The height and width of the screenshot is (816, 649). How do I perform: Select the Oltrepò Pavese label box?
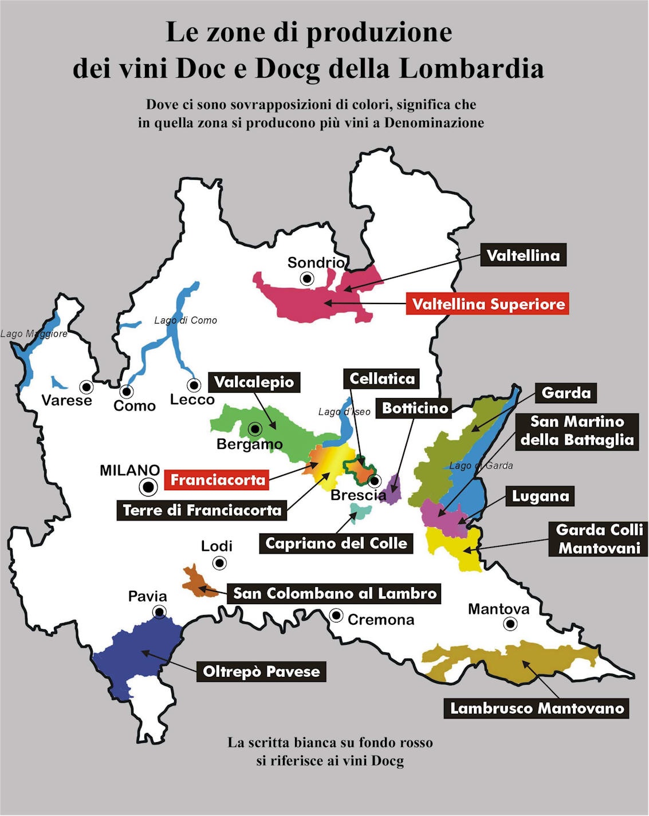pyautogui.click(x=261, y=671)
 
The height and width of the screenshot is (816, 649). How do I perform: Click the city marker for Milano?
pyautogui.click(x=149, y=487)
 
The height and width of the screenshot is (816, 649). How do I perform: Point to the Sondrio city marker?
pyautogui.click(x=308, y=279)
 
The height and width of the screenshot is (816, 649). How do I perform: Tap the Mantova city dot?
pyautogui.click(x=510, y=624)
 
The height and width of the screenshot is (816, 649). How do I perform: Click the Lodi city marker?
pyautogui.click(x=219, y=563)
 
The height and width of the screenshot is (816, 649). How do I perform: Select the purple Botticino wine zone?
pyautogui.click(x=393, y=490)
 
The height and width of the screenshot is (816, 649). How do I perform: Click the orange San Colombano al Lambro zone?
pyautogui.click(x=195, y=581)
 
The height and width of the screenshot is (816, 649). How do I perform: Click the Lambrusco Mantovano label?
pyautogui.click(x=537, y=708)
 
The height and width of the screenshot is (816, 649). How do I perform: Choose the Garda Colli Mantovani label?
pyautogui.click(x=599, y=539)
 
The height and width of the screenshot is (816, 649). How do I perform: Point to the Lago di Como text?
pyautogui.click(x=186, y=320)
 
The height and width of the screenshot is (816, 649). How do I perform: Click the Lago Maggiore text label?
pyautogui.click(x=34, y=333)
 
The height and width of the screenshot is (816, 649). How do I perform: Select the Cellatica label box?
pyautogui.click(x=381, y=379)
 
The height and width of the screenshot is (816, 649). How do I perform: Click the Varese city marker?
pyautogui.click(x=86, y=386)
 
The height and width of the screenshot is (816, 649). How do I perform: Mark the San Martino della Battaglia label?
pyautogui.click(x=577, y=431)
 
